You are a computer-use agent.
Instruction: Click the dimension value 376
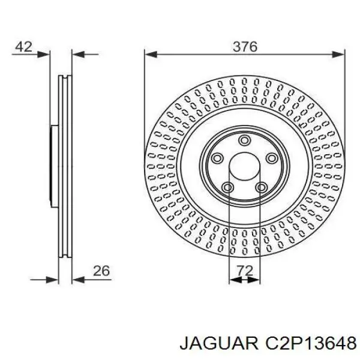tap(245, 47)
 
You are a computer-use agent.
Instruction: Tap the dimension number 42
tap(23, 47)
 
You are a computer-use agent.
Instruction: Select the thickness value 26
tap(101, 271)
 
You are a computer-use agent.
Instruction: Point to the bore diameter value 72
tap(245, 271)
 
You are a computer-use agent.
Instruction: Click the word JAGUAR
tap(219, 344)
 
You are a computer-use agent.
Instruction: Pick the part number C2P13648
tap(311, 344)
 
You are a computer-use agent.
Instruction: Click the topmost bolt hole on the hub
tap(244, 140)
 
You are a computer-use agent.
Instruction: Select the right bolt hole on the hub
tap(272, 158)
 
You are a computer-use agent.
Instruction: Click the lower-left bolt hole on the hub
tap(228, 188)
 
